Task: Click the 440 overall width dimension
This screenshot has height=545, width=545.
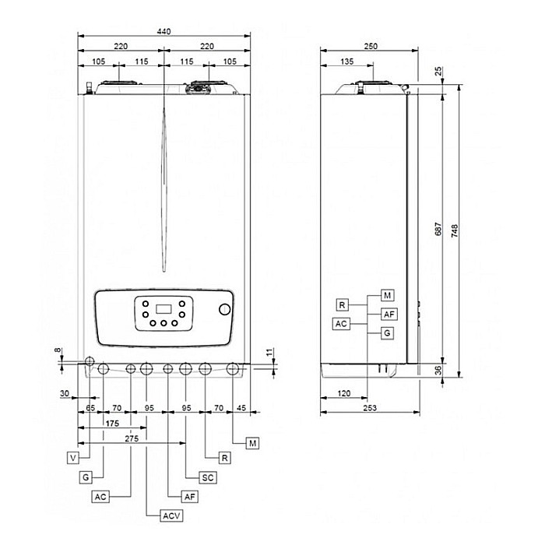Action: tap(163, 31)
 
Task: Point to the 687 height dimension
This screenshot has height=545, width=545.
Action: tap(438, 231)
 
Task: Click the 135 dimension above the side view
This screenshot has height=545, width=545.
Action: tap(347, 62)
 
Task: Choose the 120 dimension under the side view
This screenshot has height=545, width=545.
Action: tap(343, 393)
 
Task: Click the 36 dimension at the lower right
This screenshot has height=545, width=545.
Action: tap(438, 371)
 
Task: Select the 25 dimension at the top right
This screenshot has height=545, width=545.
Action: tap(438, 71)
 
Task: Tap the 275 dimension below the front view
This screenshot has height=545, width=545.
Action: tap(131, 440)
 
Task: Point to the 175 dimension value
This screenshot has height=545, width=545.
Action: tap(112, 424)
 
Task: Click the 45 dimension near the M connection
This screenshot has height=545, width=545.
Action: tap(241, 407)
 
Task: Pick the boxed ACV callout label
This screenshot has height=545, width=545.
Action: tap(170, 515)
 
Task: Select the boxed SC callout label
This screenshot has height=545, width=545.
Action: tap(208, 476)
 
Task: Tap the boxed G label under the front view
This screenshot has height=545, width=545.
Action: tap(86, 476)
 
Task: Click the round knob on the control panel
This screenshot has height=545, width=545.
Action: tap(225, 309)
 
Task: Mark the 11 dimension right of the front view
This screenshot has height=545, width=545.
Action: tap(270, 354)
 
